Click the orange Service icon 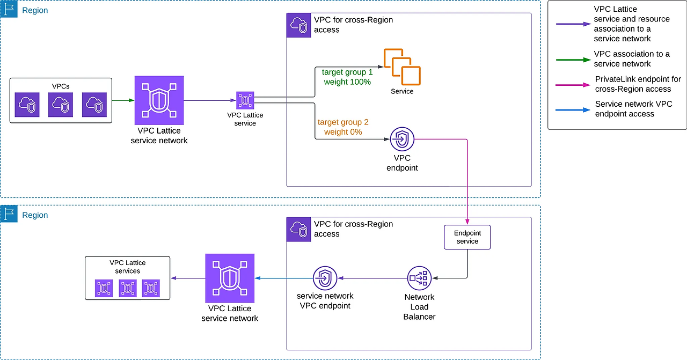point(401,67)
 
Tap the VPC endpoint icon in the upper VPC point(401,139)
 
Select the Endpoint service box point(467,237)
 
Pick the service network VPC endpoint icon point(325,278)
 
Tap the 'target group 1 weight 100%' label point(347,77)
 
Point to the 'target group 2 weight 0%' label point(343,127)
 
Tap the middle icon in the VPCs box point(61,105)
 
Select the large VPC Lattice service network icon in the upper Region point(158,100)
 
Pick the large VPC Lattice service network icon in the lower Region point(229,278)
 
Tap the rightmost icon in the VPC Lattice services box point(151,289)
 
